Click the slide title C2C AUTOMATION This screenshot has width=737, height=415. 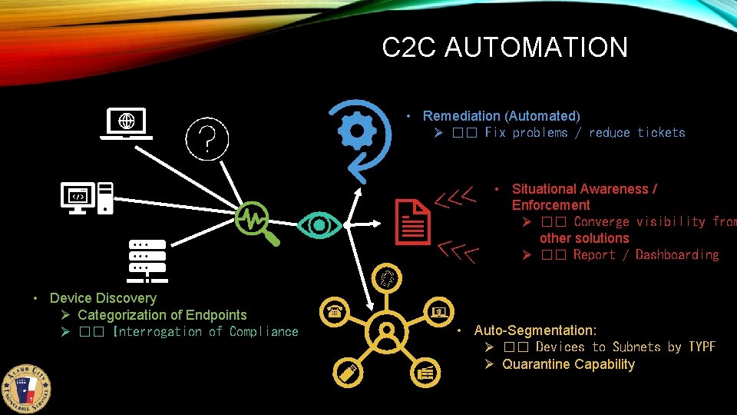[504, 48]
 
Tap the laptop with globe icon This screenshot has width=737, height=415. [127, 124]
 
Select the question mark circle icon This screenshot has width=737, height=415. [207, 138]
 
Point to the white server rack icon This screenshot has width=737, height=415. [147, 258]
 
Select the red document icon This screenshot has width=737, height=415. [412, 221]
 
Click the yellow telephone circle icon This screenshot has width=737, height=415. [335, 310]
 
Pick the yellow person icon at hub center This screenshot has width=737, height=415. [387, 331]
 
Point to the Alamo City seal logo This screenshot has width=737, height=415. [31, 387]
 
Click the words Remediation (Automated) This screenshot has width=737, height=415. [501, 116]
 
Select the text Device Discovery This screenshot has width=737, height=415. [103, 298]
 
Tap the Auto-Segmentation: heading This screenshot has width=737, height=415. [535, 330]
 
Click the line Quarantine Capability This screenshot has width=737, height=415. [568, 364]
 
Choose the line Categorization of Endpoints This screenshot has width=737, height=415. [162, 315]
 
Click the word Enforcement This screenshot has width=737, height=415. [550, 205]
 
